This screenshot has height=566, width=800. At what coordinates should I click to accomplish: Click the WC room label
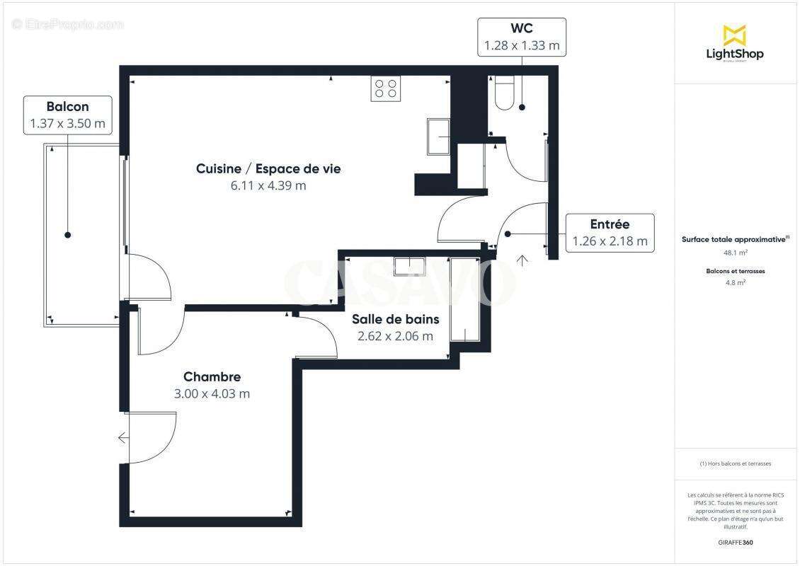521,29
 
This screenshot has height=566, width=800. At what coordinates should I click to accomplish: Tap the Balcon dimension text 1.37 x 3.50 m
67,124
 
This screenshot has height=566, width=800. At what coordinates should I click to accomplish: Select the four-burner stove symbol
385,88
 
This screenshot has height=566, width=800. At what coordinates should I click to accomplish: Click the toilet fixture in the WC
504,95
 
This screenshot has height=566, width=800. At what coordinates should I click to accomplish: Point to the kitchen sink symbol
438,136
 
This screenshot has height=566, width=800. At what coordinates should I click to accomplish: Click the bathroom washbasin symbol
410,266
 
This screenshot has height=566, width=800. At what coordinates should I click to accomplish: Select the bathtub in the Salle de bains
465,300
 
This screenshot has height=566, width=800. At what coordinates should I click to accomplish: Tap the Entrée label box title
610,224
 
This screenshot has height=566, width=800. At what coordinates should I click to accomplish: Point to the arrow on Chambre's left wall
124,438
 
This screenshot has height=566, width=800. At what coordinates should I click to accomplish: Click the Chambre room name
212,377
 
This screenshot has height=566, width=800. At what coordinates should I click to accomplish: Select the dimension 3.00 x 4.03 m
212,394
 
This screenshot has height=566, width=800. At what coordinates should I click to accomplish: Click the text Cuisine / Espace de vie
268,168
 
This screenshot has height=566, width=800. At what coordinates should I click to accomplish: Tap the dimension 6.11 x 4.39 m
268,185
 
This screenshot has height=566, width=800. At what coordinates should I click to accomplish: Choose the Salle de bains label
395,319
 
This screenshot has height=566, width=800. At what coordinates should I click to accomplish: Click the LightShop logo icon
734,35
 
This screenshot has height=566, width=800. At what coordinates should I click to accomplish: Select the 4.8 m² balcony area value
735,282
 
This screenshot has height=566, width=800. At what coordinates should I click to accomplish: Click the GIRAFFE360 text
735,543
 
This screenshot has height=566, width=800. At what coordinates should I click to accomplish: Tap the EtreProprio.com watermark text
68,25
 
